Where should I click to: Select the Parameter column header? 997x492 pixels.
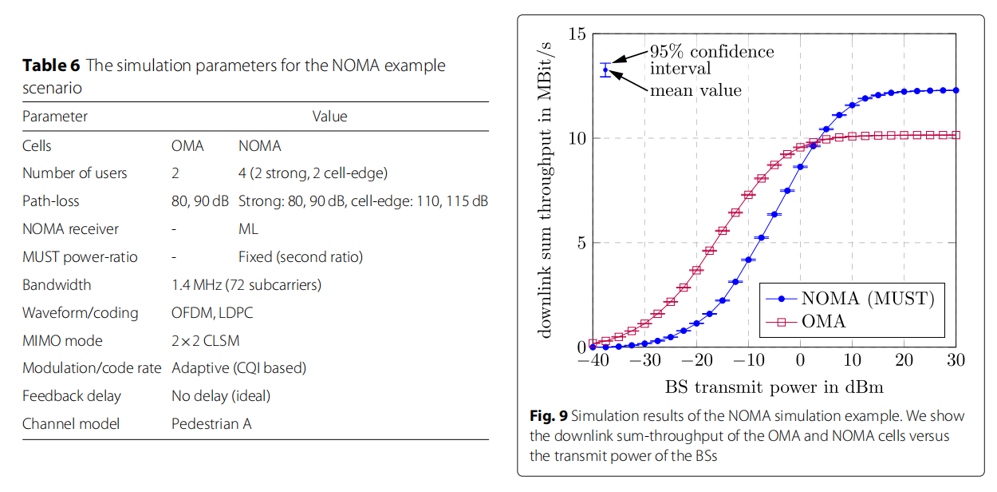pyautogui.click(x=55, y=117)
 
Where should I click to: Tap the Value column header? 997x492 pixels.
pyautogui.click(x=329, y=117)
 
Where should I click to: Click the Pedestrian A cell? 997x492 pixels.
pyautogui.click(x=211, y=424)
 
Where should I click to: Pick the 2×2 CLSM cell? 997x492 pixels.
pyautogui.click(x=205, y=340)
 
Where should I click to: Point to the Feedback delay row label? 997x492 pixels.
pyautogui.click(x=71, y=396)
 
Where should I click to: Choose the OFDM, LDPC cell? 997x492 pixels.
pyautogui.click(x=212, y=312)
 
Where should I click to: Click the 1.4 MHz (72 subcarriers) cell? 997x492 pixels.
pyautogui.click(x=246, y=284)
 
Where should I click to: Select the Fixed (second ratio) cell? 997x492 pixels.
pyautogui.click(x=301, y=257)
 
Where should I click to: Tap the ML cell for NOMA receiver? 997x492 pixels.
pyautogui.click(x=248, y=229)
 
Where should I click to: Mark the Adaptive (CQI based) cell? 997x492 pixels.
pyautogui.click(x=238, y=368)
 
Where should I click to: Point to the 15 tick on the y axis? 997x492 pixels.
pyautogui.click(x=577, y=34)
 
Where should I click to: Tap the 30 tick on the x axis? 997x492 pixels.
pyautogui.click(x=956, y=361)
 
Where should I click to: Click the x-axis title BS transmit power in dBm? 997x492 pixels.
pyautogui.click(x=774, y=388)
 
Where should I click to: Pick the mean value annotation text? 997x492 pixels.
pyautogui.click(x=696, y=90)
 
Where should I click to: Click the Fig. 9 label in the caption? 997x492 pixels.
pyautogui.click(x=548, y=416)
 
